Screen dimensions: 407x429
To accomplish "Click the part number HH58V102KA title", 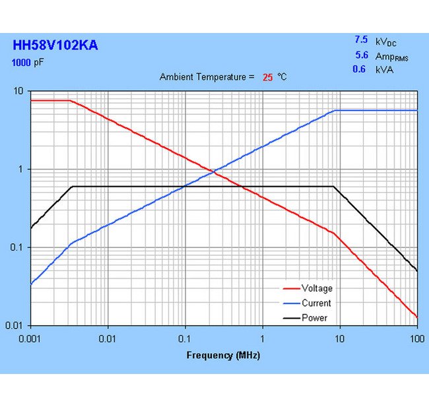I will click(55, 46).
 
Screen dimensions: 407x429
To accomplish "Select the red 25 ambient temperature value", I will click(267, 77).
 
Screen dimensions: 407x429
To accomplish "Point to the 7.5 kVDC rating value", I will click(360, 40).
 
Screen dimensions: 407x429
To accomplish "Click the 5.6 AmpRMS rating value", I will click(360, 56).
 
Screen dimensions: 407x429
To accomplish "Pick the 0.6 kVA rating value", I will click(359, 69).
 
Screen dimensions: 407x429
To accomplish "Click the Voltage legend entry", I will click(316, 288).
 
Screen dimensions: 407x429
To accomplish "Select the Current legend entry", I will click(315, 303).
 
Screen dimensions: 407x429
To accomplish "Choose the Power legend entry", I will click(314, 318).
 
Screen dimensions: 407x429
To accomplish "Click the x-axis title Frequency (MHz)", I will click(223, 356).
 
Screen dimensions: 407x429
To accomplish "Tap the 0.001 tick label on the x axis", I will click(30, 338).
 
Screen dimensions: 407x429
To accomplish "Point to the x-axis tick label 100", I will click(416, 338).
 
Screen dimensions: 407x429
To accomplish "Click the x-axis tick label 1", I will click(263, 338).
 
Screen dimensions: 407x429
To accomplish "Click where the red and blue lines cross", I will click(213, 172).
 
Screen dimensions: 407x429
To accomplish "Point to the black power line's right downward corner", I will click(333, 187).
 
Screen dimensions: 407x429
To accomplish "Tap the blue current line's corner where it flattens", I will click(335, 110).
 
